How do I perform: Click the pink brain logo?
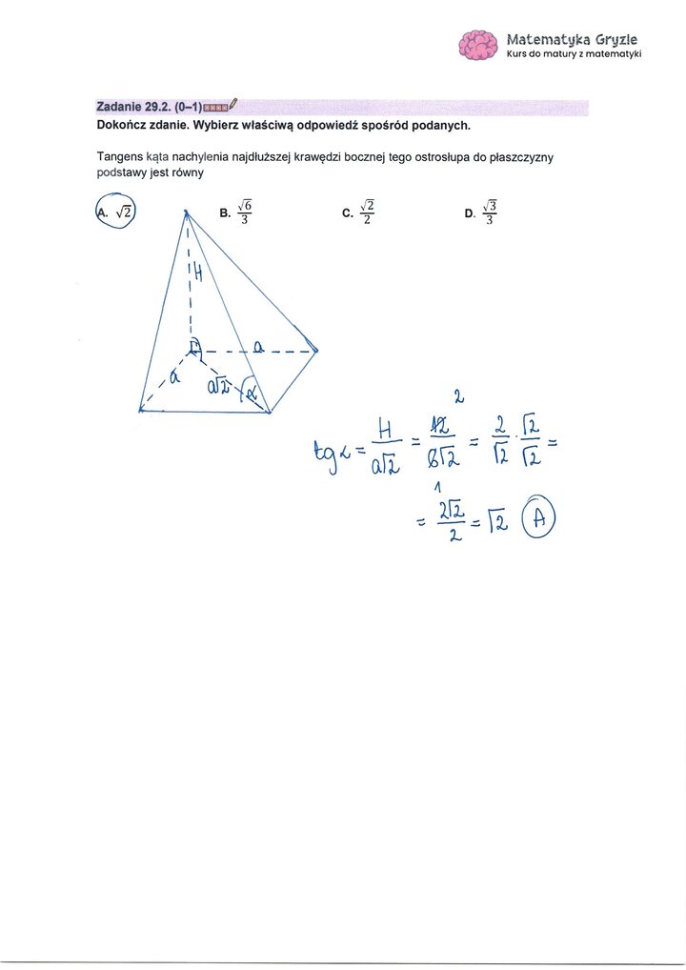click(x=478, y=45)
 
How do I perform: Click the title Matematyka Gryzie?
click(x=572, y=39)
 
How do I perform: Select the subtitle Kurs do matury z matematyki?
click(x=574, y=54)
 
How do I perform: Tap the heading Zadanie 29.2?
click(x=133, y=107)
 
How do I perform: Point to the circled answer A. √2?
click(x=116, y=212)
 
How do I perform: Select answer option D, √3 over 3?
click(x=482, y=212)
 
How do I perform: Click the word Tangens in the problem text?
click(x=118, y=157)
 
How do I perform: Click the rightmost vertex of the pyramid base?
click(x=316, y=351)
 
